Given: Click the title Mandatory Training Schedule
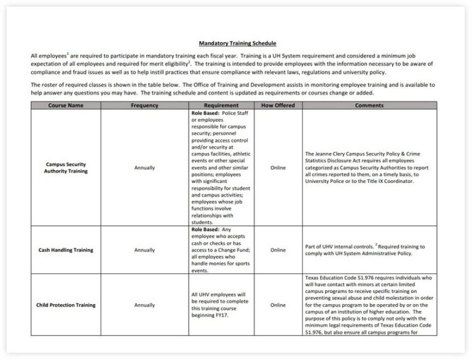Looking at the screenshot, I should coord(237,44).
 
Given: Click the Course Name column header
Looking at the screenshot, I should coord(66,106).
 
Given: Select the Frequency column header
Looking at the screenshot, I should coord(144,106).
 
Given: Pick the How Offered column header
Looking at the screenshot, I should coord(278,106).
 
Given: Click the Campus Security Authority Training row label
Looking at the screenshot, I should coord(66,168).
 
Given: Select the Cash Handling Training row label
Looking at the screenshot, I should coord(66,250).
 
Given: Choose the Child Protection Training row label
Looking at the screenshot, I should coord(66,305).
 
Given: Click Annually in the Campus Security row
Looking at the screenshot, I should coord(144,168).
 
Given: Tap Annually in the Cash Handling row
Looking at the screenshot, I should coord(144,250).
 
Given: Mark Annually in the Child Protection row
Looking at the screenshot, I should coord(144,305).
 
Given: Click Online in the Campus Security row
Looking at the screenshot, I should coord(278,168).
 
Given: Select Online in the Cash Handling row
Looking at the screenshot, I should coord(278,250).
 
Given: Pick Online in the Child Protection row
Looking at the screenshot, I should coord(278,305).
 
